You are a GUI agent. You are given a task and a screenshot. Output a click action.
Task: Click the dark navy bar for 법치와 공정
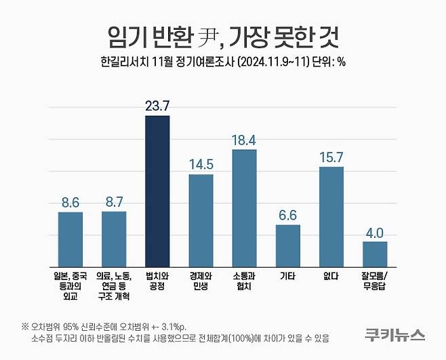click(157, 191)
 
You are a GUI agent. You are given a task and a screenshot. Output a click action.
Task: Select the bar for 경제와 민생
click(201, 220)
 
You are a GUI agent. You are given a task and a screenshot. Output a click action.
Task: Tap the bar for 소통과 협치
click(244, 207)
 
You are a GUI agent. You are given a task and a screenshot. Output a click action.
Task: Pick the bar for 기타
click(287, 245)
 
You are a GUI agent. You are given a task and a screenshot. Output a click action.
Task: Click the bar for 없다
click(331, 216)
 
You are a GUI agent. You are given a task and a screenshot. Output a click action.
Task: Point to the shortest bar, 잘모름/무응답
click(375, 254)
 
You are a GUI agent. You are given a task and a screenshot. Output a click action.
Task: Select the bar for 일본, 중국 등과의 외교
click(70, 239)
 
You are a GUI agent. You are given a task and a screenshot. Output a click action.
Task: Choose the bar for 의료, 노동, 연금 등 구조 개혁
click(114, 238)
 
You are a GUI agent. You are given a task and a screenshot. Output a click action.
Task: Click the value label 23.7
click(157, 106)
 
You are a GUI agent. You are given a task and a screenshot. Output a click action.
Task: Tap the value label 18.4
click(244, 140)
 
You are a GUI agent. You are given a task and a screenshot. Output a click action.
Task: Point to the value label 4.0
click(375, 232)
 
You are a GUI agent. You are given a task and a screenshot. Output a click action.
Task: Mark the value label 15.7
click(331, 157)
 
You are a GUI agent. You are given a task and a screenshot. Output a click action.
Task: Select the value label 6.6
click(287, 215)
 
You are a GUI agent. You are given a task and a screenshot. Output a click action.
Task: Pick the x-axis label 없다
click(331, 277)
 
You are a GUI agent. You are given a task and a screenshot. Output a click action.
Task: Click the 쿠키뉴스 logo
click(392, 334)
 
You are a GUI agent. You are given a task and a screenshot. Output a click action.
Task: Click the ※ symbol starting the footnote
click(24, 323)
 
